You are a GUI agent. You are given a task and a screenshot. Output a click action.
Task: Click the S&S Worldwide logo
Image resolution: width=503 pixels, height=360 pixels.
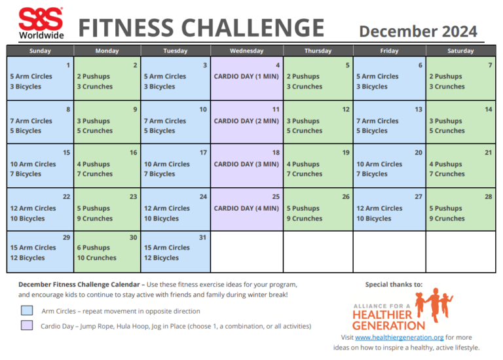tap(41, 23)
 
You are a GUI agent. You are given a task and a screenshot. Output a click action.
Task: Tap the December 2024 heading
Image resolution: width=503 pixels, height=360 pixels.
tap(418, 31)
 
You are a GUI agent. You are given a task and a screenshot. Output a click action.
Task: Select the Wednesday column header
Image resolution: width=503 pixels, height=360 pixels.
tap(247, 51)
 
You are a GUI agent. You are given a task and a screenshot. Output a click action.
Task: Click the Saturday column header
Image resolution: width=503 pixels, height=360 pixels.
tap(460, 51)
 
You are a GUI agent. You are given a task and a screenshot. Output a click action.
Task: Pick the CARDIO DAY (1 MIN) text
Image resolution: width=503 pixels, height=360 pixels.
tap(246, 77)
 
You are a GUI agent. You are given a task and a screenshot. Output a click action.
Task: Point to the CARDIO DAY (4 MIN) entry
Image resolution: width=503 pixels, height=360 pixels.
tap(246, 209)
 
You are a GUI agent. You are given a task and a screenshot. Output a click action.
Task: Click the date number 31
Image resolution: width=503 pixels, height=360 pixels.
tap(203, 237)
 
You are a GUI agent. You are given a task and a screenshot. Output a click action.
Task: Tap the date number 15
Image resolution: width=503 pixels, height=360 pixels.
tap(67, 153)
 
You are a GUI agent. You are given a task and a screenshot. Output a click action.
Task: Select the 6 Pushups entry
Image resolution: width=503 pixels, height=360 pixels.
tap(93, 248)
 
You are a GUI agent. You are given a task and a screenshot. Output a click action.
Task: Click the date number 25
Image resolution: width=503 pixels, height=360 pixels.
tap(276, 196)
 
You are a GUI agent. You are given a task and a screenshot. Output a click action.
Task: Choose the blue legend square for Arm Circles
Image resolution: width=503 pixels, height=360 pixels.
tap(27, 310)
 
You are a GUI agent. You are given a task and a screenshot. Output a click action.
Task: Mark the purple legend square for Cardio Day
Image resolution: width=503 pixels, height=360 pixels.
tap(27, 325)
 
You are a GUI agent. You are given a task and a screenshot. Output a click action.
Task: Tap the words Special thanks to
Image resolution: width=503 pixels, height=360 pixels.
tap(394, 285)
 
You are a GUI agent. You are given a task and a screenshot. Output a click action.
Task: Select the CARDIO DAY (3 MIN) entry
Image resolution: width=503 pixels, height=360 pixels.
tap(246, 164)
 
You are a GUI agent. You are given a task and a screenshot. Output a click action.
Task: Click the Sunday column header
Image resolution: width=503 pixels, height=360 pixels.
tap(40, 51)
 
